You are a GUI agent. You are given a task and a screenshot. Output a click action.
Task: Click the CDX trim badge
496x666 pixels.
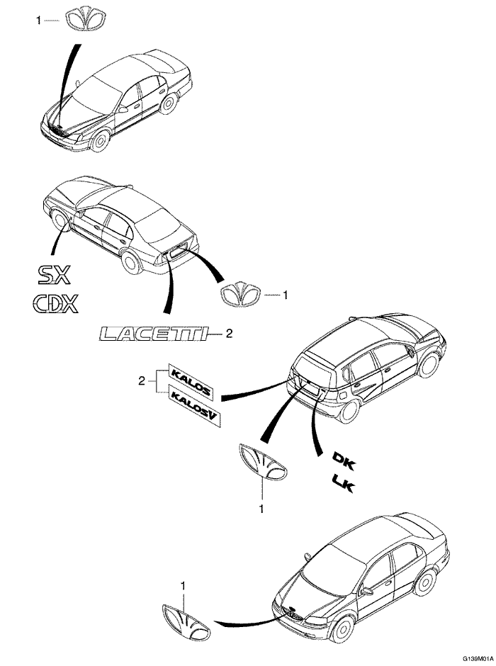(56, 304)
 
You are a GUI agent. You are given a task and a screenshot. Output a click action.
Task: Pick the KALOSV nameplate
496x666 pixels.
(196, 406)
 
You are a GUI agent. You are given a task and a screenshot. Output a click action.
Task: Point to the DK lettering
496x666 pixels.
(344, 461)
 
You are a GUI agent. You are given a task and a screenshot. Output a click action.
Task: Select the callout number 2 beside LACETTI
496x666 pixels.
(229, 334)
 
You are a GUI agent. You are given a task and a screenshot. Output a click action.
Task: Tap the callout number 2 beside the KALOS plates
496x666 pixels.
(142, 381)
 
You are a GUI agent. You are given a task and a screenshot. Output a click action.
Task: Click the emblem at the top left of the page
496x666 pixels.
(86, 20)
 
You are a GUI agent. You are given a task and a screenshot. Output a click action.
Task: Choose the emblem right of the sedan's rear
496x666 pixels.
(240, 293)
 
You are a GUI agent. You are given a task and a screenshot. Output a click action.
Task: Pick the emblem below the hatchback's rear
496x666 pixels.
(263, 462)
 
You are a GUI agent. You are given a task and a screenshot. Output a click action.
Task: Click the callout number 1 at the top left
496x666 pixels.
(39, 21)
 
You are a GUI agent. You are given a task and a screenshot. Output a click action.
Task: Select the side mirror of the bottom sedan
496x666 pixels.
(366, 590)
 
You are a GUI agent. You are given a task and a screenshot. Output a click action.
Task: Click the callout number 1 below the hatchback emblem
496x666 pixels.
(261, 509)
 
